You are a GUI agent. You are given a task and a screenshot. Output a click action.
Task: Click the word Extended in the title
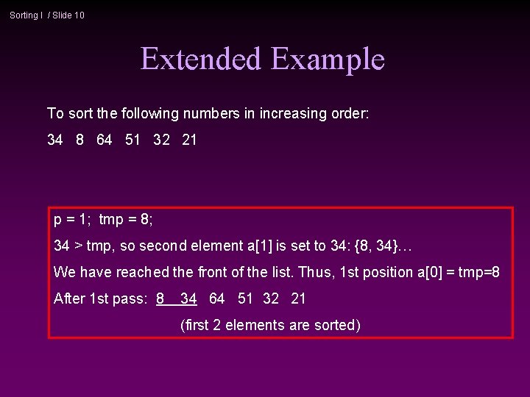(201, 59)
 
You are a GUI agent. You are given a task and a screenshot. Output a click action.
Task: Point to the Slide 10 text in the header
(68, 15)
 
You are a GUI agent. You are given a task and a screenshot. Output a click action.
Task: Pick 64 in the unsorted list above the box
(105, 140)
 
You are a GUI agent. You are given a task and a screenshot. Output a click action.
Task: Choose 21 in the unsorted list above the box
(189, 140)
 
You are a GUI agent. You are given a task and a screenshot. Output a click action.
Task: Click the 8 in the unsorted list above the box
(79, 140)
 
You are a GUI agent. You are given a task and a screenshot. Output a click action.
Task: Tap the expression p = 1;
(73, 219)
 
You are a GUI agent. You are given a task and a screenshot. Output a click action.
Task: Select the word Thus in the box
(315, 272)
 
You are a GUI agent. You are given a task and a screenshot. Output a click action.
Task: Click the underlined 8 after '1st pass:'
(160, 298)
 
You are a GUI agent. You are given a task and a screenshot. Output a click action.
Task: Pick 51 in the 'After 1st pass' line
(246, 298)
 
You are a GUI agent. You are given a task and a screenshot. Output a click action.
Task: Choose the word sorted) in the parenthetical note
(337, 325)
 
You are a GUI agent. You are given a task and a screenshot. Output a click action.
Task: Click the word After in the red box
(69, 298)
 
